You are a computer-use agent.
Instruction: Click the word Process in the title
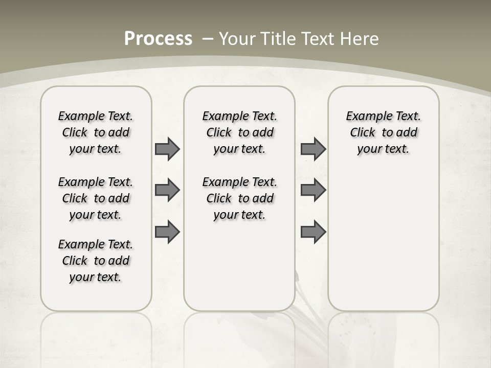(158, 38)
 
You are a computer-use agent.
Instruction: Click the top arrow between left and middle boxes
(167, 149)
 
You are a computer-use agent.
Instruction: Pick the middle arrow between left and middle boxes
(167, 191)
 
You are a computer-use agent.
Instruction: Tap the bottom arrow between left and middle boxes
(167, 232)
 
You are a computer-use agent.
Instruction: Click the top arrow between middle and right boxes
(313, 149)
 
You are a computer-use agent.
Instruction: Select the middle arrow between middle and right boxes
(313, 191)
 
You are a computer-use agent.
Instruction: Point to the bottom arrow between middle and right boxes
(313, 232)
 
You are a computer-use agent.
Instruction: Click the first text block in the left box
(96, 132)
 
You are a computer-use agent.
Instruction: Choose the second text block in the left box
(96, 198)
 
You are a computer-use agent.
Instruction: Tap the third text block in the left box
(96, 261)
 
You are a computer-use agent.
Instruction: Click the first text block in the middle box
(239, 132)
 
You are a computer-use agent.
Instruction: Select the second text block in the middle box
(239, 198)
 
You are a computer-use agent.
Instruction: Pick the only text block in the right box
(383, 132)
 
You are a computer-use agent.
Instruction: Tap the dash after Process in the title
(208, 38)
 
